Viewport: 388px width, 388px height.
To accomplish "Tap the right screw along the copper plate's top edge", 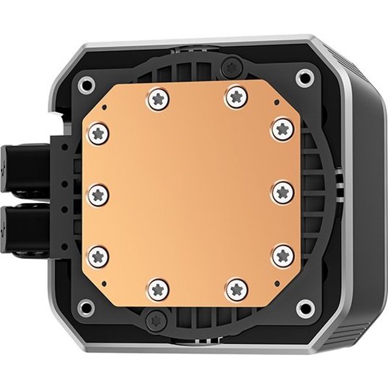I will [x=232, y=98].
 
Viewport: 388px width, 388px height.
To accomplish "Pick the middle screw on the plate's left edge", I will [x=98, y=191].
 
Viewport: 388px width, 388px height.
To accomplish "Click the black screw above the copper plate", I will [x=232, y=65].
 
